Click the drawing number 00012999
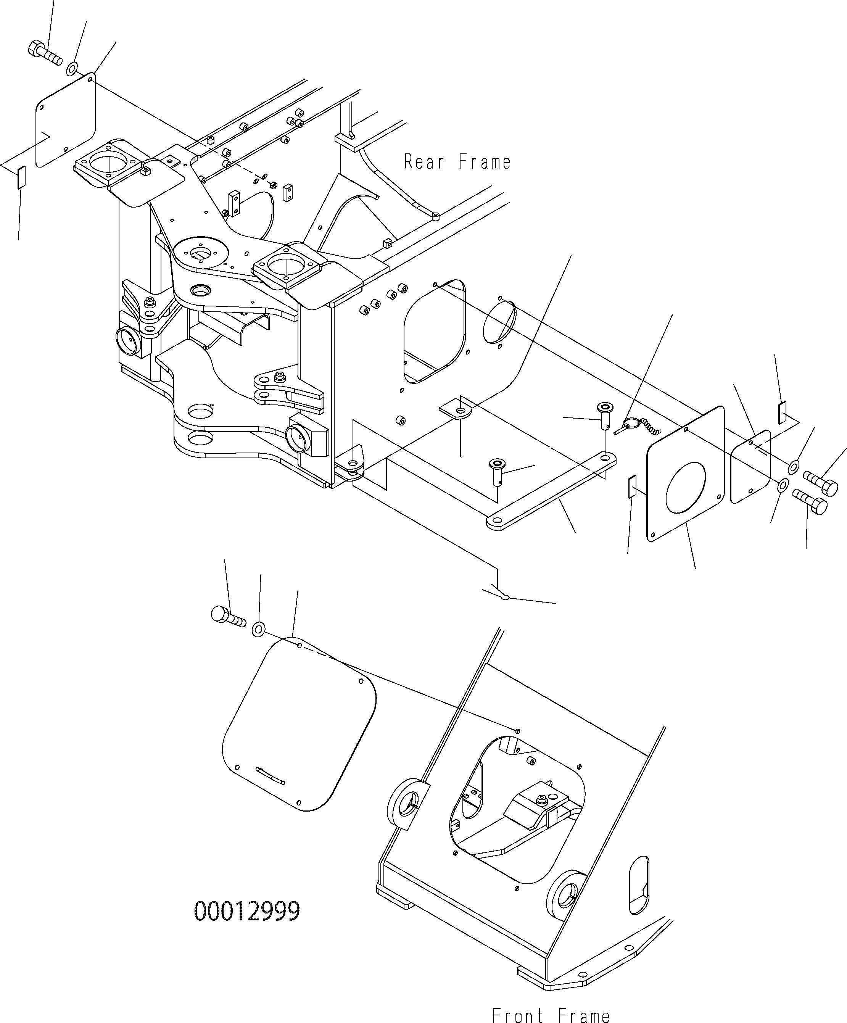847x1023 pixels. tap(247, 911)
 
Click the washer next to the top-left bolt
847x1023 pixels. tap(72, 69)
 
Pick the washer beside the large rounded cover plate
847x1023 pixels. tap(258, 629)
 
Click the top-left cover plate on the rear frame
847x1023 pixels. tap(66, 120)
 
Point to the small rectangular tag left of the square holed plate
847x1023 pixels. tap(632, 487)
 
